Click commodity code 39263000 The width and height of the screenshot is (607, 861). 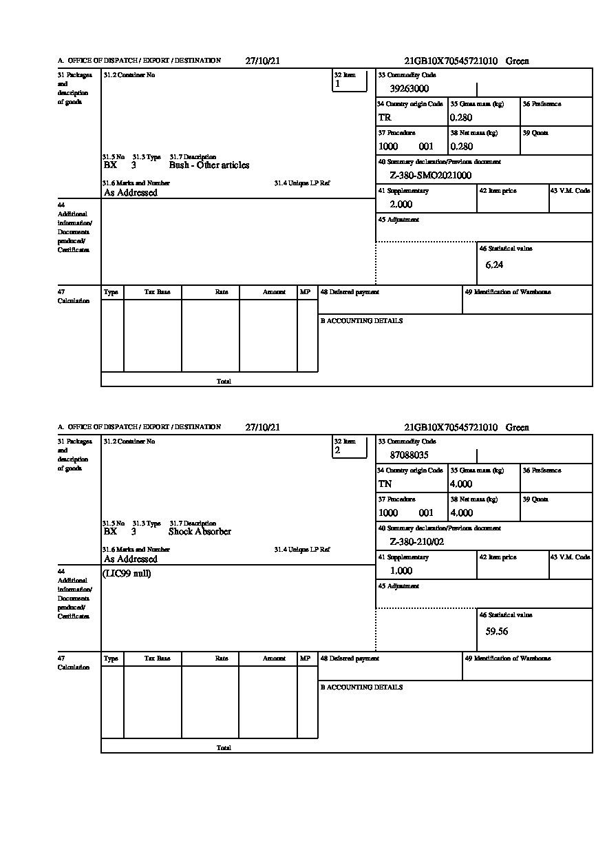coord(409,88)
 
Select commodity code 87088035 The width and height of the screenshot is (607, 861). coord(409,455)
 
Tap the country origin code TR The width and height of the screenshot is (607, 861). coord(384,117)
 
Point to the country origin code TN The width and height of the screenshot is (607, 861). coord(385,484)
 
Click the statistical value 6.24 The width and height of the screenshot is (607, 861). coord(494,264)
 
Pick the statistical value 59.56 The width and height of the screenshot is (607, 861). coord(496,631)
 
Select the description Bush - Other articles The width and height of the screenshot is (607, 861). coord(209,165)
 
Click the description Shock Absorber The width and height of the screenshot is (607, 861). coord(200,532)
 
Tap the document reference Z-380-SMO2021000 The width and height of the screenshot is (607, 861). coord(430,175)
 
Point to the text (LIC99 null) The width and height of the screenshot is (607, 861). coord(127,573)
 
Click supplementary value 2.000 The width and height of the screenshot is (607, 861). coord(401,204)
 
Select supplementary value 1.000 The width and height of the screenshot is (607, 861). coord(401,570)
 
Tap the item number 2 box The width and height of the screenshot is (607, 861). coord(350,447)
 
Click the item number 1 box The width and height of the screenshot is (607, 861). coord(350,81)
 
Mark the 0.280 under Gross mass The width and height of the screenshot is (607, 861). coord(462,117)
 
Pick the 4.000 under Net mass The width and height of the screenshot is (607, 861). coord(462,512)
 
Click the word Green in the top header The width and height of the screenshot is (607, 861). coord(518,61)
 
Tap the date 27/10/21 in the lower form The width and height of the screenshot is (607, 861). coord(263,427)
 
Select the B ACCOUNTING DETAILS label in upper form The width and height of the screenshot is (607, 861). coord(361,321)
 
